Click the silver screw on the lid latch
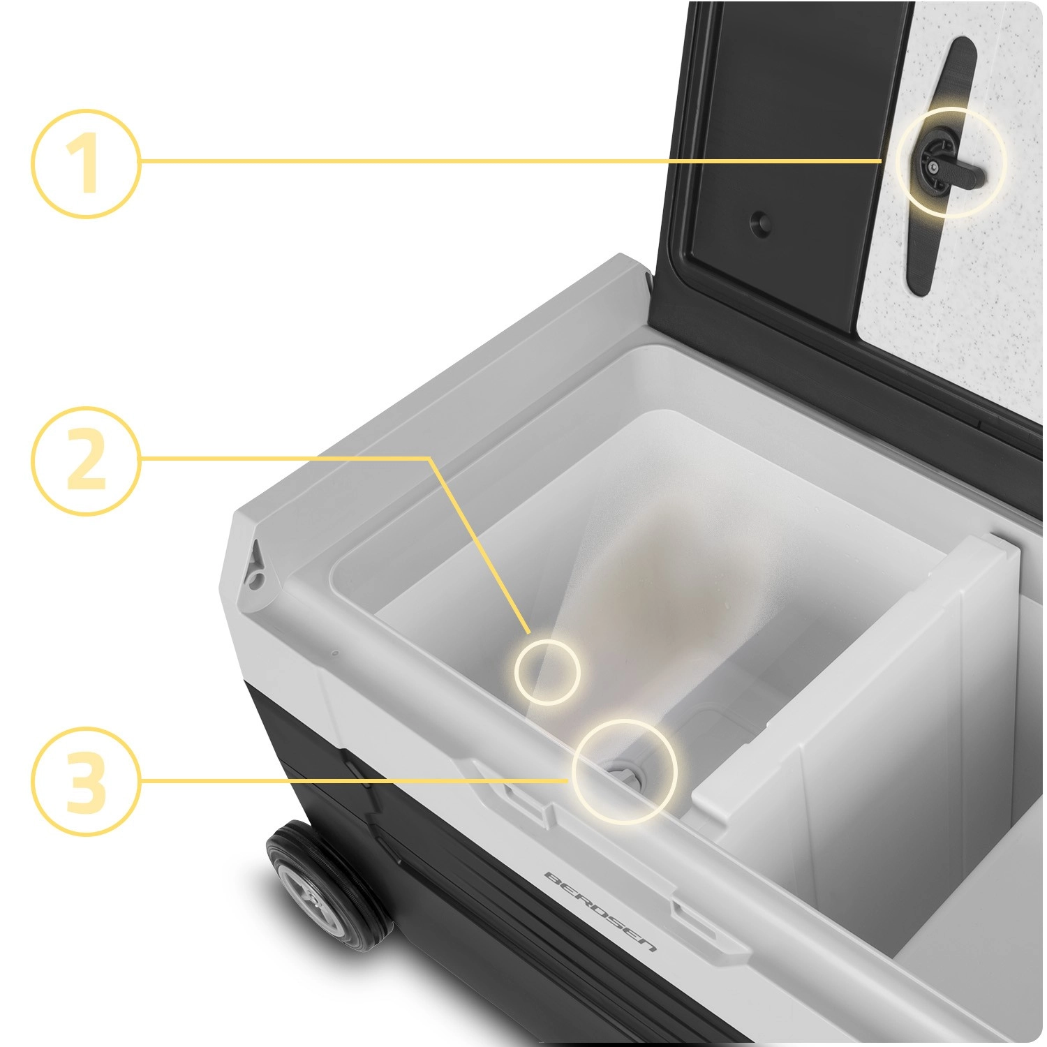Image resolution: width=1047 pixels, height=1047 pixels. [933, 167]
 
